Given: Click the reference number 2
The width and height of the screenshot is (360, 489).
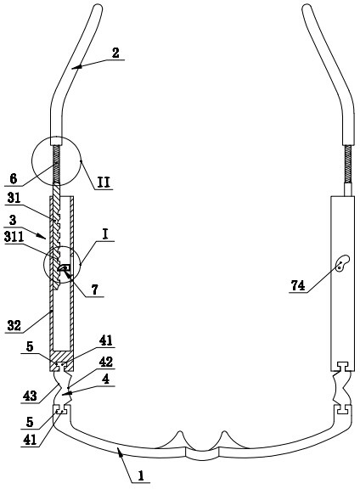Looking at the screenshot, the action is point(115,53).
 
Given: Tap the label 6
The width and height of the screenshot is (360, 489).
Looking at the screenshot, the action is point(14,179).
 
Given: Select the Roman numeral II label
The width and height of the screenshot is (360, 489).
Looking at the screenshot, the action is point(104,183).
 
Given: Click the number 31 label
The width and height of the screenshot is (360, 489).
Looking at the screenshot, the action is point(14,198).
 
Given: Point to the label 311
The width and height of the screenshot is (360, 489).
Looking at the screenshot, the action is point(14,237).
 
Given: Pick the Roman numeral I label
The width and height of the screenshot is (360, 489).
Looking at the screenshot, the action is point(104,234).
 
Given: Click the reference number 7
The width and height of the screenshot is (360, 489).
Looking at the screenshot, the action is point(95,289).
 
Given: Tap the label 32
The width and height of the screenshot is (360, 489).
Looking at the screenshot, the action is point(14,326).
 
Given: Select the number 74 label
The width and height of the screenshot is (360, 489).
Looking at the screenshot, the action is point(298,285).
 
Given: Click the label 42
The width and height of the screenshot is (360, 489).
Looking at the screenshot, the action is point(106,362).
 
